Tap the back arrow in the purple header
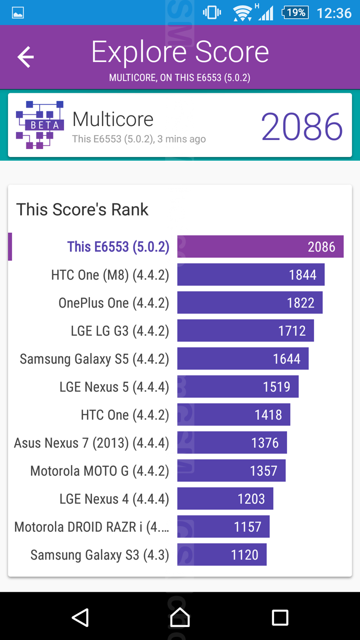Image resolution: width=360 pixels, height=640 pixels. (x=26, y=57)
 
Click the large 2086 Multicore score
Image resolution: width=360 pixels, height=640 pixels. (x=301, y=127)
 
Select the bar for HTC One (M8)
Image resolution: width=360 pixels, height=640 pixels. (x=251, y=275)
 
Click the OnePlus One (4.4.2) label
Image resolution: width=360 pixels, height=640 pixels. (x=114, y=303)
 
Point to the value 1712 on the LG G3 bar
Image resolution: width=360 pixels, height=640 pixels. (x=292, y=331)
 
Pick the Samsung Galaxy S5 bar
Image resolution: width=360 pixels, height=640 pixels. (x=243, y=359)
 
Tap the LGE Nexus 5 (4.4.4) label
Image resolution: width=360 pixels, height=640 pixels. (x=114, y=387)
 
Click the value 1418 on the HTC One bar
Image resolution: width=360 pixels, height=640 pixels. (x=268, y=415)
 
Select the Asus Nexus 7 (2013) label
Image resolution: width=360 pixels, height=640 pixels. (x=91, y=443)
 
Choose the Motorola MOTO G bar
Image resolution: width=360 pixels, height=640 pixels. (x=231, y=471)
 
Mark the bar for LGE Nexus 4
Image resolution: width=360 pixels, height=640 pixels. (x=225, y=499)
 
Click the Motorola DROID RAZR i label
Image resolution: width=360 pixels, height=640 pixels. (x=92, y=527)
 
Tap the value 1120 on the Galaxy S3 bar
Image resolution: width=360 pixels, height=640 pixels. (x=245, y=554)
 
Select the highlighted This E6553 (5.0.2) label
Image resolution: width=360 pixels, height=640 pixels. (x=118, y=247)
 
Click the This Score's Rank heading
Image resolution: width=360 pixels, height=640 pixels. (x=82, y=209)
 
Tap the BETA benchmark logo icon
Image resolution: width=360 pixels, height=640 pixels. (x=40, y=125)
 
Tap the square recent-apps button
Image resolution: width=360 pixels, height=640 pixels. (x=280, y=617)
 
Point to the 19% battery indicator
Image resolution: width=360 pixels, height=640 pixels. (x=295, y=13)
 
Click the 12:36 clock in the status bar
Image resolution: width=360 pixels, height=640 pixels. (x=334, y=13)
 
